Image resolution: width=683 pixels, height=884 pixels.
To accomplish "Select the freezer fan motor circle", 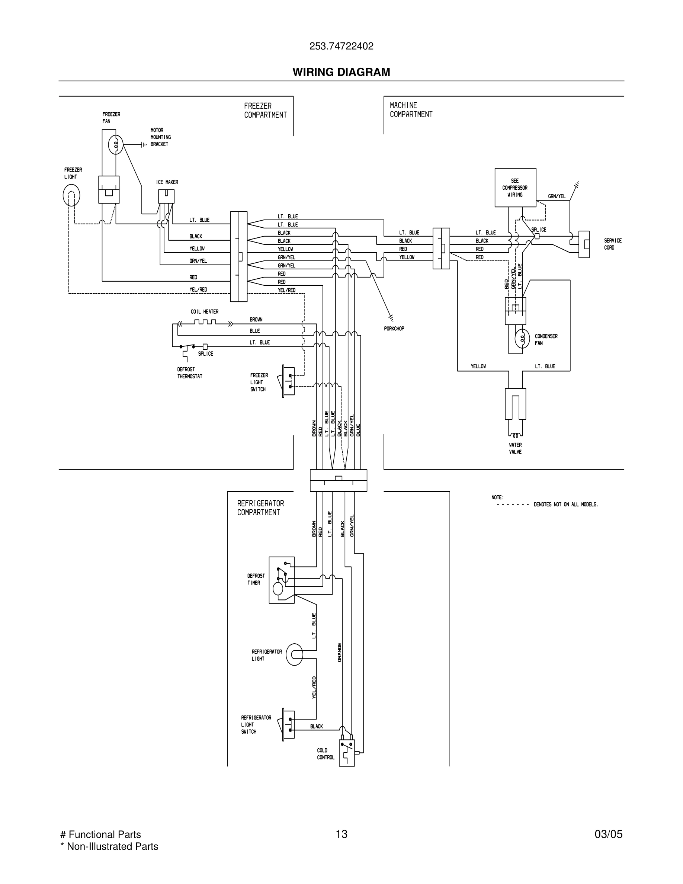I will point(116,144).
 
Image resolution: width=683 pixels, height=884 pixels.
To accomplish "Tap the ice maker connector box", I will point(166,197).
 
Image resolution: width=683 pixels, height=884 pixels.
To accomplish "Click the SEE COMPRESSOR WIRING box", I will point(515,188).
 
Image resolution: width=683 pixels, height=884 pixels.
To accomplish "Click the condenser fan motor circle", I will point(522,339).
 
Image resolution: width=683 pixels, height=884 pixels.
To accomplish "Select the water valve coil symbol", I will point(515,436).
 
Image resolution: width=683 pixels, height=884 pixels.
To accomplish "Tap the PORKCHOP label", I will point(394,329).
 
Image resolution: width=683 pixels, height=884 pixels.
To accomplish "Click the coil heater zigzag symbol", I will point(205,322).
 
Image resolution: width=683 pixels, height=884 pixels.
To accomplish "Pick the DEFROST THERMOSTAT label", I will point(189,373).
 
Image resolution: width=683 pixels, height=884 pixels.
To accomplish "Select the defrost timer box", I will point(281,580).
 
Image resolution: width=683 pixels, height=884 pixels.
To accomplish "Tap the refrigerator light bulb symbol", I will point(294,654).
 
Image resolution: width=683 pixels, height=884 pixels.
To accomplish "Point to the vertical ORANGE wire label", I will point(340,652).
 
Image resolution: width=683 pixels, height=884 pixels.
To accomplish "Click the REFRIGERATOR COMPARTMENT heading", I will point(260,507).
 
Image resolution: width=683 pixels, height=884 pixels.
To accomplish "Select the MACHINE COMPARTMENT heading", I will point(411,110).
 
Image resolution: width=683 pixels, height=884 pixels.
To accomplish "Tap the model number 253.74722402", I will point(341,47).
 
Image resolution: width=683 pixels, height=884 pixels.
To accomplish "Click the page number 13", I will point(341,834).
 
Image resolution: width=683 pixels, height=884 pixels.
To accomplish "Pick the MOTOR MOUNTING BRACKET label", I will point(160,137).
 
